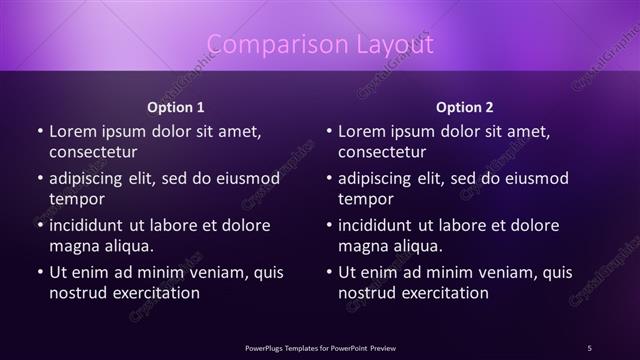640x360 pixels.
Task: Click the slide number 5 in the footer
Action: click(589, 347)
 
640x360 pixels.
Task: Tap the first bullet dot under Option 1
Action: click(40, 131)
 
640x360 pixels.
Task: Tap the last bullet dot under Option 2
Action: click(329, 272)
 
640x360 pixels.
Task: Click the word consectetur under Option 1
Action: click(93, 152)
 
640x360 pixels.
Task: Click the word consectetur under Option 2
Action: click(382, 152)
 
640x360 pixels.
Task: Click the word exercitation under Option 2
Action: click(443, 293)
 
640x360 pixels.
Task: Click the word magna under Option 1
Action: click(74, 246)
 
